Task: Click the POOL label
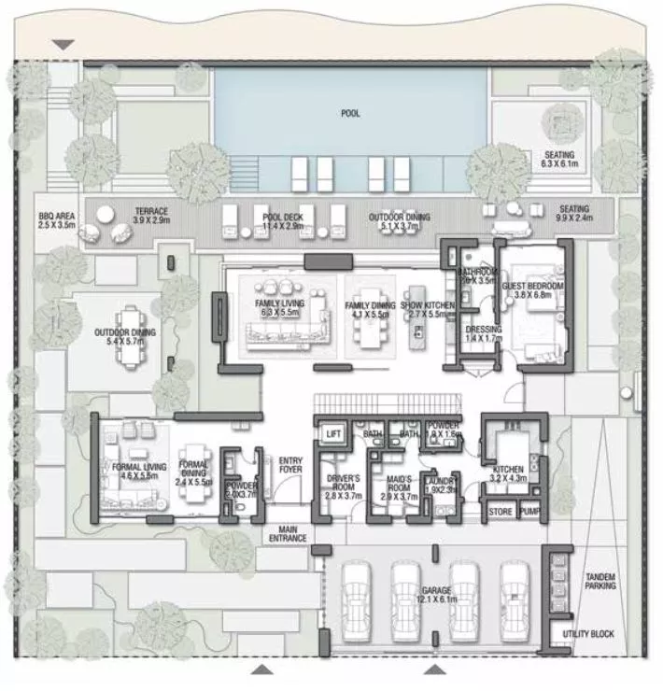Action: click(x=350, y=114)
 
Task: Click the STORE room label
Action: click(x=501, y=512)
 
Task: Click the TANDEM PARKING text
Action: click(x=598, y=583)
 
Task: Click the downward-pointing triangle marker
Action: click(x=63, y=45)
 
